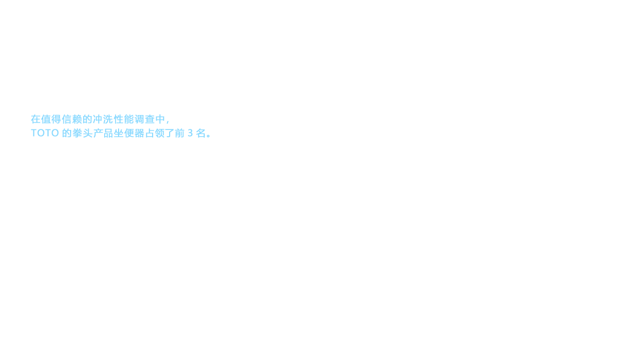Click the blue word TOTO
coord(45,134)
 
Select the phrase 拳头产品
coord(88,134)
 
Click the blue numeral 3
coord(190,134)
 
